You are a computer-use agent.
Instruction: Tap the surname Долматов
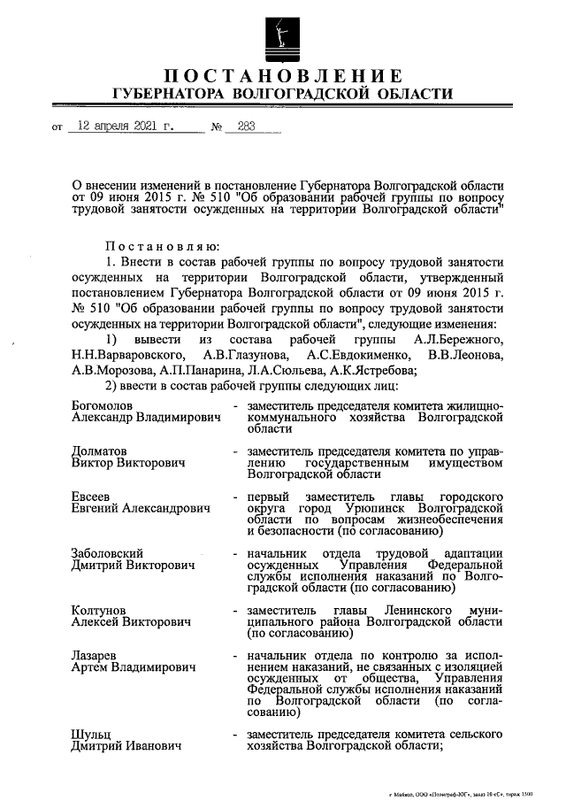[99, 451]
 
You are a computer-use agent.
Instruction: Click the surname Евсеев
[91, 497]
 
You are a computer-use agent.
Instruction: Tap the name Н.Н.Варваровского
[120, 356]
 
